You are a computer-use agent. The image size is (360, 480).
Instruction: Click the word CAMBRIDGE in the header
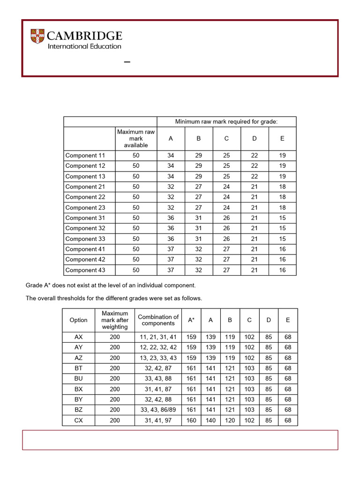coord(85,36)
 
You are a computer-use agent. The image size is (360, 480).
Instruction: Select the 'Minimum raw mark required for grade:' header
coord(226,122)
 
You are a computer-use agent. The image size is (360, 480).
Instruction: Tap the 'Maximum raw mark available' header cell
coord(136,139)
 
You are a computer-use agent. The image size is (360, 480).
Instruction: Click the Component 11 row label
coord(86,156)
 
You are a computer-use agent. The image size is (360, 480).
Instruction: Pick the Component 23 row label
coord(86,208)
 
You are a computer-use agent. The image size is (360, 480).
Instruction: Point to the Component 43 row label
coord(86,270)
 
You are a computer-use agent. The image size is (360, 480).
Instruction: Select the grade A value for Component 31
coord(171,218)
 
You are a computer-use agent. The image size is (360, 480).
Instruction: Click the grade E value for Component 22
coord(282,197)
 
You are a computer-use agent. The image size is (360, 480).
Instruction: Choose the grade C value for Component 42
coord(226,260)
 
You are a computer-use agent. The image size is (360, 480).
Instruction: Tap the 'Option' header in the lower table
coord(78,320)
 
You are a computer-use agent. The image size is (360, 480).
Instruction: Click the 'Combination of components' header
coord(158,320)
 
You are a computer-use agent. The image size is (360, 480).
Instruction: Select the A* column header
coord(191,320)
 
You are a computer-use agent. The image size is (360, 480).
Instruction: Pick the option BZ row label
coord(78,410)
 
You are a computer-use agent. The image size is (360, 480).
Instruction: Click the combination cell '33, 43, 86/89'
coord(158,410)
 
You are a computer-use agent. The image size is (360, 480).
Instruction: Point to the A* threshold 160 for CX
coord(191,420)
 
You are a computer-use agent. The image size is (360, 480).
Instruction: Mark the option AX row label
coord(78,337)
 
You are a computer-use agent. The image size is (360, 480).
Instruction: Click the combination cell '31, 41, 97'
coord(158,420)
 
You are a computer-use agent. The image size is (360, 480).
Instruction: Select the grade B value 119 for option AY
coord(230,347)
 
